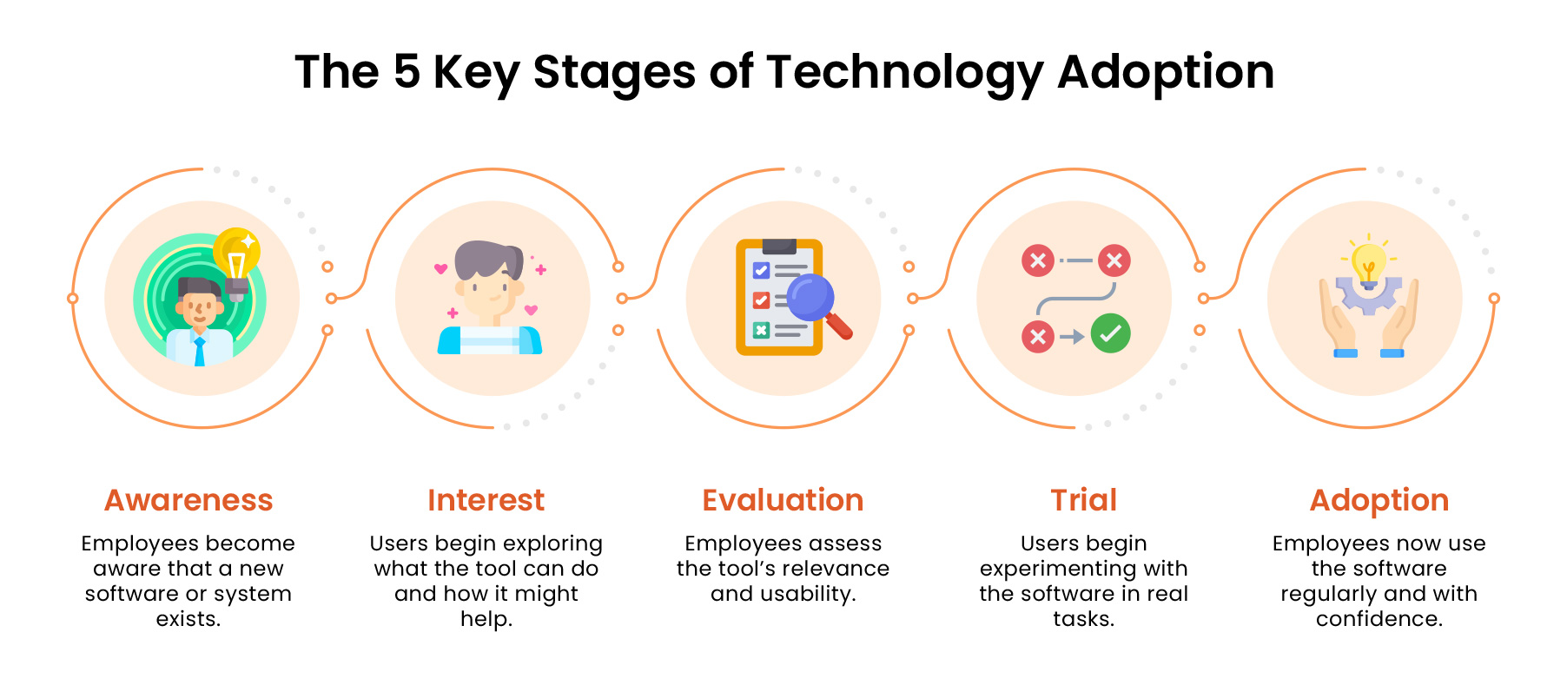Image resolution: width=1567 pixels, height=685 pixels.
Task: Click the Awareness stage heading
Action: (x=188, y=500)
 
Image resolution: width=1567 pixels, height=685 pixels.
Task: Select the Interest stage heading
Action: (x=486, y=500)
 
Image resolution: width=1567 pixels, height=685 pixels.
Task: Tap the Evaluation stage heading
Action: (x=783, y=500)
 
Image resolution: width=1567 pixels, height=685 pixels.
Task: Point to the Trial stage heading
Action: (x=1083, y=500)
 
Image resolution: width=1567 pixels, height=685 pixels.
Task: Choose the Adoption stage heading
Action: (x=1379, y=500)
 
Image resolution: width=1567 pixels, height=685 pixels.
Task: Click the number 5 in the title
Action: (x=407, y=71)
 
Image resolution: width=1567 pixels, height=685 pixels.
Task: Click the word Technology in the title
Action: (x=904, y=73)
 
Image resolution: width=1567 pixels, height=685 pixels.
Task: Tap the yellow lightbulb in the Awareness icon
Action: (x=236, y=254)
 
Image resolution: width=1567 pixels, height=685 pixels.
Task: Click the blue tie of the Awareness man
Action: (x=200, y=352)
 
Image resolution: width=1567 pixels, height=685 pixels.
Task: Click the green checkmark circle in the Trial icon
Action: (x=1110, y=333)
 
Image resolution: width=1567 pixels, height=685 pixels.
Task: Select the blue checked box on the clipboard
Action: (x=761, y=270)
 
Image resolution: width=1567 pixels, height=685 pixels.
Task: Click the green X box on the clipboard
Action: (x=761, y=330)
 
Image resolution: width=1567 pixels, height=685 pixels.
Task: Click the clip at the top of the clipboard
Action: (x=778, y=246)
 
